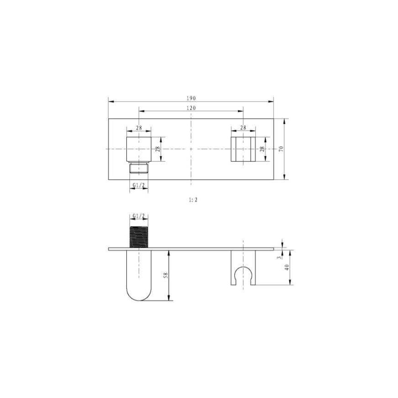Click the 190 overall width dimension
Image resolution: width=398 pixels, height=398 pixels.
click(191, 98)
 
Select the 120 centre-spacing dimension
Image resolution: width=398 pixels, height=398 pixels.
click(191, 108)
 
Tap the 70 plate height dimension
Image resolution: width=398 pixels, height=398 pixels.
click(281, 149)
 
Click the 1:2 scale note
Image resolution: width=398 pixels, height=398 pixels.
click(193, 200)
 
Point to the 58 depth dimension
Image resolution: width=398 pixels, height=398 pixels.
click(166, 275)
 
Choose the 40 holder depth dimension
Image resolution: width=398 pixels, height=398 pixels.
click(287, 268)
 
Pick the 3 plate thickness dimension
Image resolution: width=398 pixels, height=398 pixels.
click(280, 258)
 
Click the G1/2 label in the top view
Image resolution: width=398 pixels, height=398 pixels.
click(139, 185)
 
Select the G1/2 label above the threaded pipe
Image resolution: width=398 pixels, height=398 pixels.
click(139, 216)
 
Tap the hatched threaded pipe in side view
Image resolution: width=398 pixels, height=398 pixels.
click(139, 237)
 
